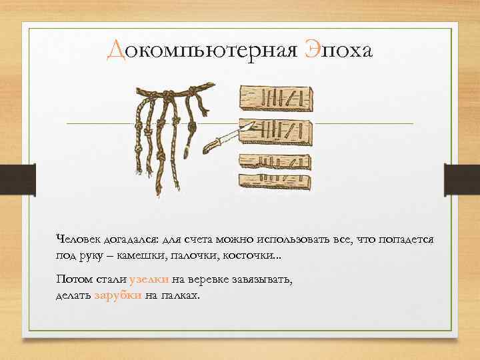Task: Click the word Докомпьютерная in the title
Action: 201,49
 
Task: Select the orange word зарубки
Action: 117,295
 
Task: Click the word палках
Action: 177,295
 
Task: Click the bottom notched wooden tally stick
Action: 274,180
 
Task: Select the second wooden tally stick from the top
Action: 276,129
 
